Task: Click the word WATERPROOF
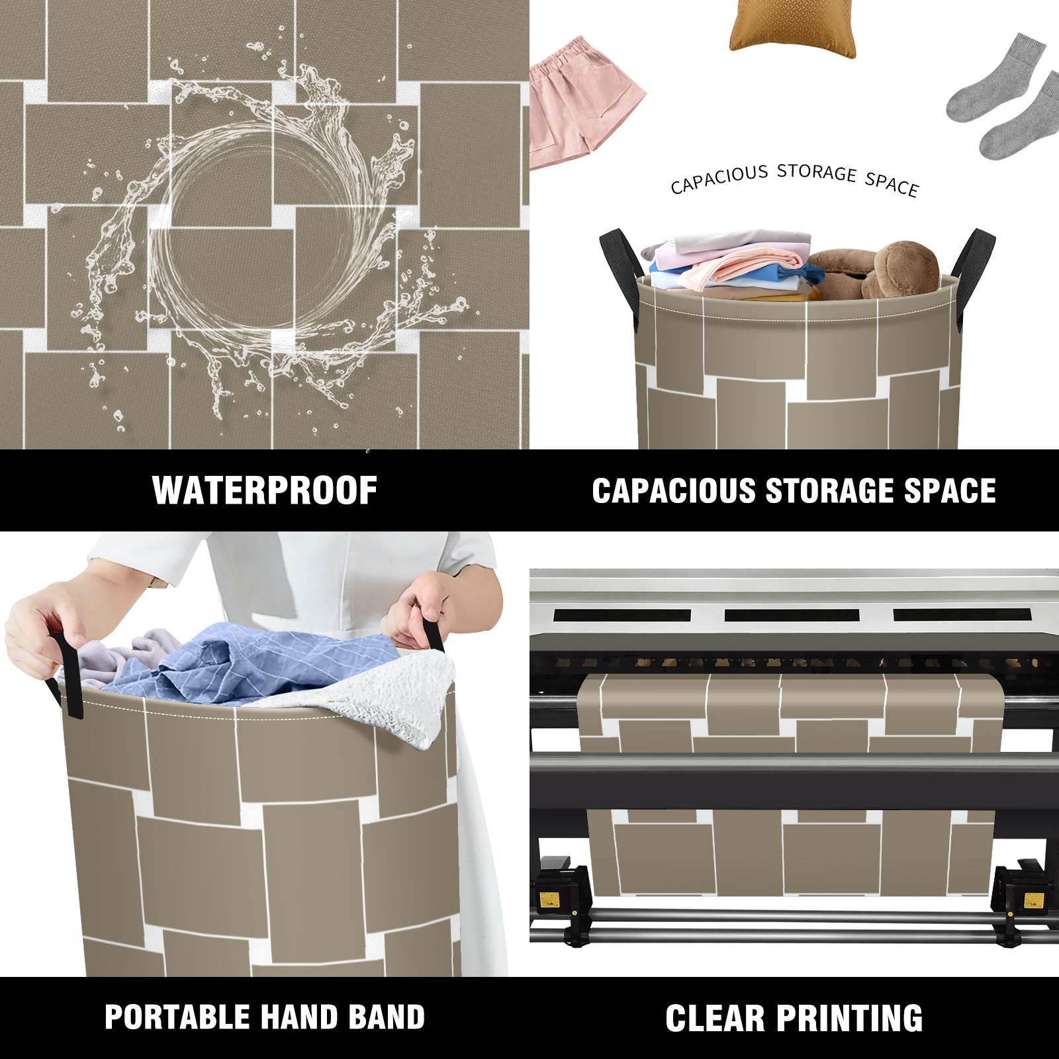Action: pos(265,490)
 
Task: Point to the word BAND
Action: pos(387,1017)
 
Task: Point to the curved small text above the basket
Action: pos(794,179)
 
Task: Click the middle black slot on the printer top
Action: pos(792,615)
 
